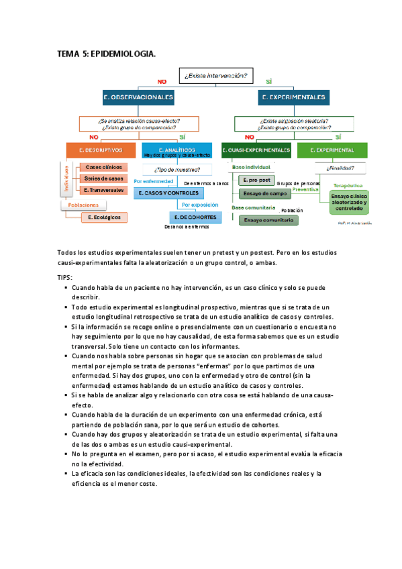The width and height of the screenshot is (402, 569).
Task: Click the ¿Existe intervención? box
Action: pos(215,76)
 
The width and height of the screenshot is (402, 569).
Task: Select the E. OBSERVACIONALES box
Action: pos(139,97)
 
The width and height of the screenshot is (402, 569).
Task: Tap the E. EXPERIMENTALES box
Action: pos(294,97)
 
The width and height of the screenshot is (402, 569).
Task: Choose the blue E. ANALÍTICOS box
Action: pos(177,150)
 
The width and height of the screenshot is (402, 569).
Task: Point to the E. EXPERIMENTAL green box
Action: pos(335,150)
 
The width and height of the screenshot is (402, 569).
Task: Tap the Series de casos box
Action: pos(104,178)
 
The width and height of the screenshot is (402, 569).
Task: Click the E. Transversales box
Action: pos(104,190)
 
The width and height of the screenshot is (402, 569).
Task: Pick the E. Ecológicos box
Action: pos(104,217)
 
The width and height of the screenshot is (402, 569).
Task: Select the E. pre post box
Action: pos(257,180)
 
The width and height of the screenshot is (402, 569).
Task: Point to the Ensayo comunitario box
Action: pos(269,219)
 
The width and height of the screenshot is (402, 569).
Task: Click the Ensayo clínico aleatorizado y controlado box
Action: pos(349,201)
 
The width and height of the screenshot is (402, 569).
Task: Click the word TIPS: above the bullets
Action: pos(66,276)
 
